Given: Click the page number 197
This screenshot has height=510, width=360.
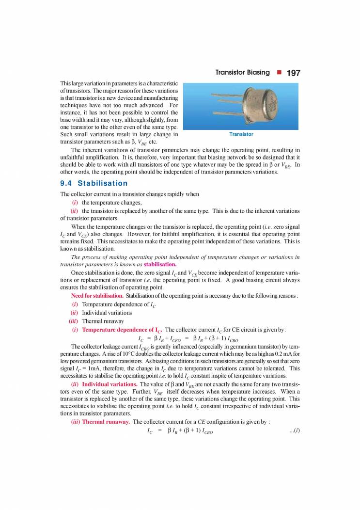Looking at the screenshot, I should tap(294, 73).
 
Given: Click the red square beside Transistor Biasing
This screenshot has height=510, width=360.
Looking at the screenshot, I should tap(279, 73).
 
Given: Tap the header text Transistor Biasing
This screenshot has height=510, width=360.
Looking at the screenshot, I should tap(242, 73).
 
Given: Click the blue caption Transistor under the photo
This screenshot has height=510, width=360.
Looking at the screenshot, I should tap(241, 134).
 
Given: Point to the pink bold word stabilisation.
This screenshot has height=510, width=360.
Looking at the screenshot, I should tap(159, 265).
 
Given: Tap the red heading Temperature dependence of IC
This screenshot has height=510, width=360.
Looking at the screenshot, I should tap(122, 330).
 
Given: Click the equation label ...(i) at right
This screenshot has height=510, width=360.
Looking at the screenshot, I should tap(294, 430).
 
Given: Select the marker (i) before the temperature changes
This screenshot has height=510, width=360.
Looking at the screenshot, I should tap(75, 203).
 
